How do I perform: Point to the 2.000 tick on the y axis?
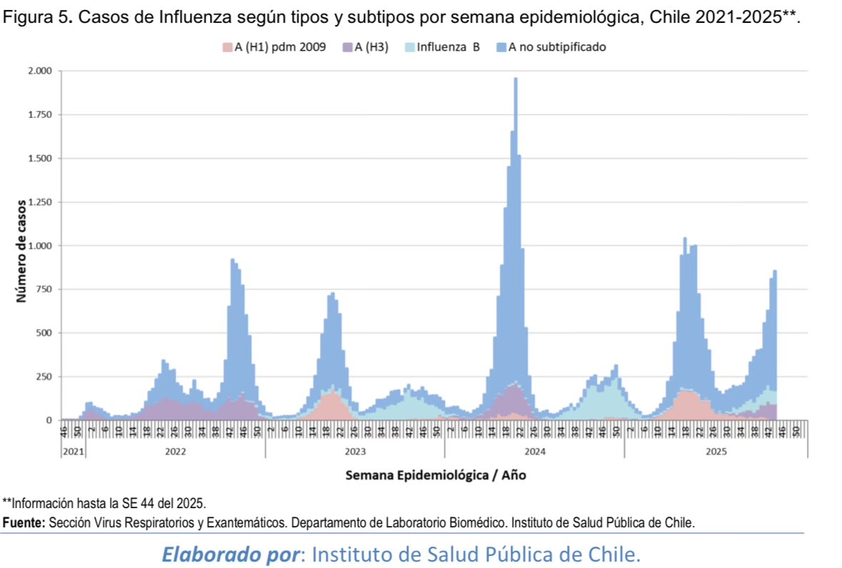pyautogui.click(x=39, y=71)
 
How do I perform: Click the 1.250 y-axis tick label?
pyautogui.click(x=39, y=202)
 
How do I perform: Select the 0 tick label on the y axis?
pyautogui.click(x=49, y=420)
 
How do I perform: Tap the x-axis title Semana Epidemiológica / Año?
pyautogui.click(x=436, y=475)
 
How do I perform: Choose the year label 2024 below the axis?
pyautogui.click(x=535, y=452)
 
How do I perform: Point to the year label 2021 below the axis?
pyautogui.click(x=73, y=452)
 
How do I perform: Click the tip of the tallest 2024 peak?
pyautogui.click(x=516, y=79)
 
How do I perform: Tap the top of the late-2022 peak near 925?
pyautogui.click(x=233, y=260)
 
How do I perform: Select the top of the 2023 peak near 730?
pyautogui.click(x=332, y=294)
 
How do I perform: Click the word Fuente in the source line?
pyautogui.click(x=24, y=522)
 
